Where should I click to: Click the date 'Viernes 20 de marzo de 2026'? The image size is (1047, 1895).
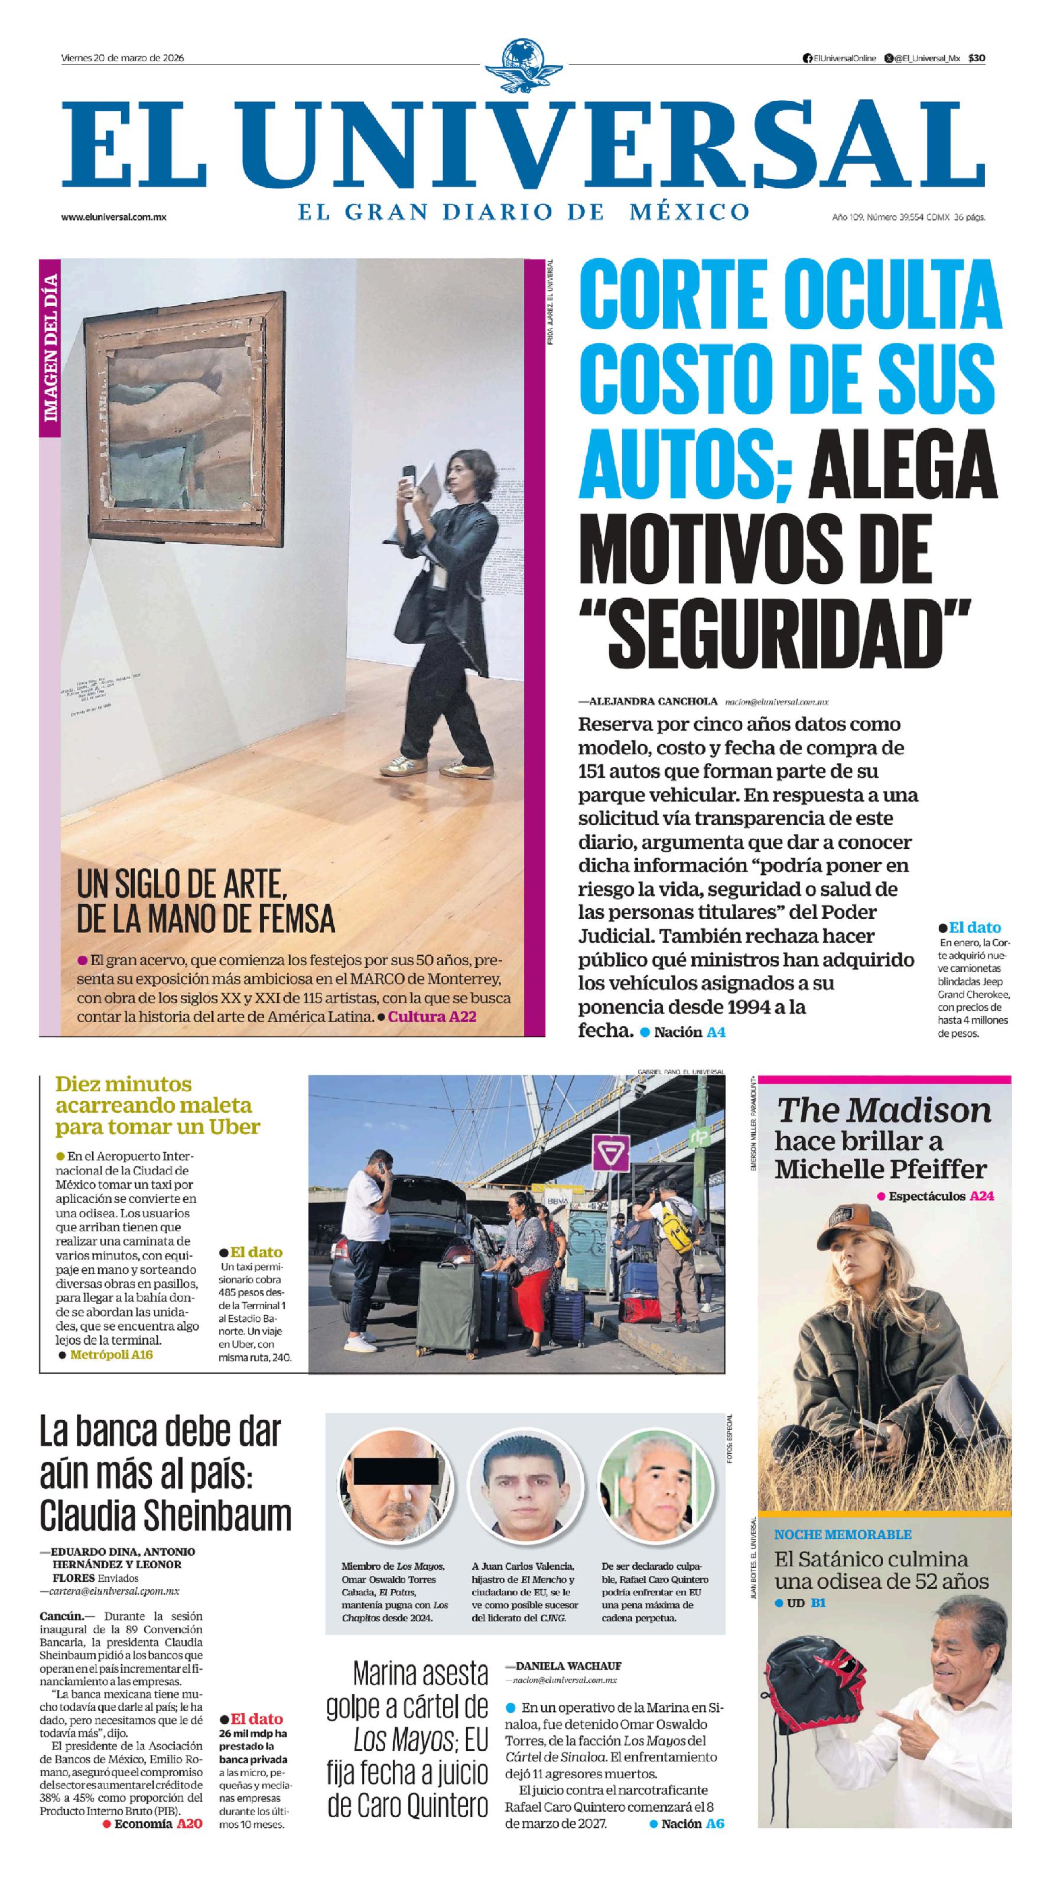[x=122, y=58]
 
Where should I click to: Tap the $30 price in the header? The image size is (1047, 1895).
[x=977, y=58]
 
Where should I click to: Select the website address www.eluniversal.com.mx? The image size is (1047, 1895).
[x=113, y=217]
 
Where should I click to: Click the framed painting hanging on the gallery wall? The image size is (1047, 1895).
[x=184, y=416]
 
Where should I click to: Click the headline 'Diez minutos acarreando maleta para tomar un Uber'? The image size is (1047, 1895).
[x=157, y=1106]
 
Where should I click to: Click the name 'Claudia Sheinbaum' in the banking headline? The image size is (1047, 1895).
[x=165, y=1516]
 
